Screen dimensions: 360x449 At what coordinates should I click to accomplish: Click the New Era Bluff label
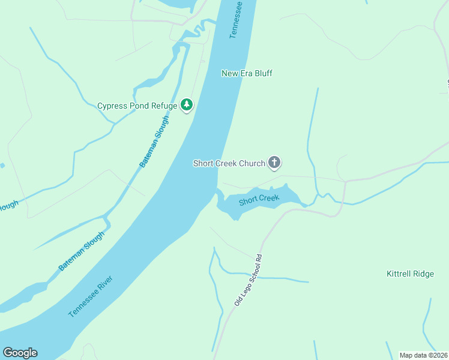[x=247, y=73]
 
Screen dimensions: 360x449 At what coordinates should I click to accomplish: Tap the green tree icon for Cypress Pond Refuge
[x=187, y=106]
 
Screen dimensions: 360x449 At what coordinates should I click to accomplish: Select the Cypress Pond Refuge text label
[x=137, y=106]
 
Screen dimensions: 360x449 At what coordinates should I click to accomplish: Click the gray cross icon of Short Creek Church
[x=274, y=163]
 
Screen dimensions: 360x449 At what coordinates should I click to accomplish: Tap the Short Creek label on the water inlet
[x=259, y=200]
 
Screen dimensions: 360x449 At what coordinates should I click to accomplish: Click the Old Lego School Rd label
[x=249, y=280]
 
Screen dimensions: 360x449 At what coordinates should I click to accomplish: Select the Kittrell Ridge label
[x=410, y=274]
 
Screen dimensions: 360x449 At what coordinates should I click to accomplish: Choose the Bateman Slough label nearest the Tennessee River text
[x=82, y=251]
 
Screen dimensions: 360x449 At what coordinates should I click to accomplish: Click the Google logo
[x=20, y=353]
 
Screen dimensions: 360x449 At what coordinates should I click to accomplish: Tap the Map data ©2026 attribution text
[x=423, y=355]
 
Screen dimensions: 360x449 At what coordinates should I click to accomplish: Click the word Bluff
[x=262, y=73]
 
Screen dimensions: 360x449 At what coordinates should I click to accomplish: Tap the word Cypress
[x=112, y=106]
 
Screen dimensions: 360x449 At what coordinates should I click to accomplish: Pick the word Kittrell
[x=398, y=274]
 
